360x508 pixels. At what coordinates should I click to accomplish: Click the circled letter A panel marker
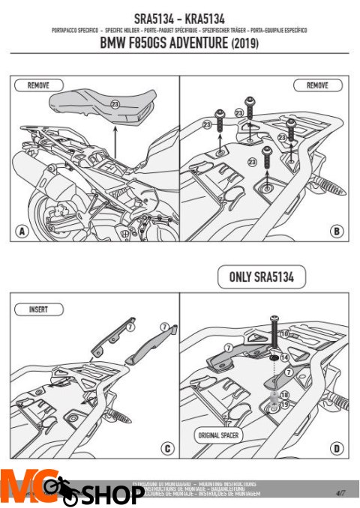(x=22, y=232)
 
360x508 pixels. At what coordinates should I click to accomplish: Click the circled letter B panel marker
(x=337, y=232)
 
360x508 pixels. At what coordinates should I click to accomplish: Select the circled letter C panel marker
(x=167, y=449)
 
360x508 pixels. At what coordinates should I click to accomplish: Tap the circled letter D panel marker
(x=337, y=449)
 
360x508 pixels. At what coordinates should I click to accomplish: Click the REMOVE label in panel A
(x=38, y=86)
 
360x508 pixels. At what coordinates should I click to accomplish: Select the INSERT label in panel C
(x=38, y=308)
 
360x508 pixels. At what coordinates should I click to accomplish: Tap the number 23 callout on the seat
(x=115, y=103)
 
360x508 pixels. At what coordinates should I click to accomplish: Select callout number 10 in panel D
(x=283, y=333)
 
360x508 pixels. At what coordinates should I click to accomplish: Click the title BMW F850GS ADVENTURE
(x=160, y=44)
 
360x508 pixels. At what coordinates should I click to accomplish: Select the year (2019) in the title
(x=242, y=44)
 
